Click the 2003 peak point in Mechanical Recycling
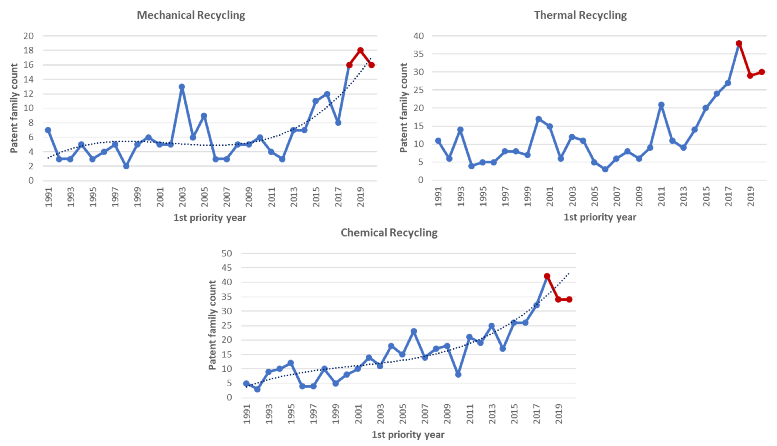182,87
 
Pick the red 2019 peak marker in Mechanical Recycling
360,50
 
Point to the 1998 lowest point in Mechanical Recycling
126,166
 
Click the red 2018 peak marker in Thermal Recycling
739,43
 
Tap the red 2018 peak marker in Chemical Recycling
547,276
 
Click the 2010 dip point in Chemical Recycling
458,374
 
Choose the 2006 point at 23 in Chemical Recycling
414,331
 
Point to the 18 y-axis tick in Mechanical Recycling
28,50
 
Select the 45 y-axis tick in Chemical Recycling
227,268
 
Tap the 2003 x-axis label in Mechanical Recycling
182,197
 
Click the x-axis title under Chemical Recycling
408,435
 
